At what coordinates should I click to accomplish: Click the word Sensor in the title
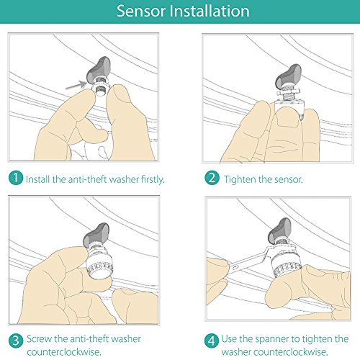[141, 11]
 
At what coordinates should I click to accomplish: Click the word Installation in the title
[210, 11]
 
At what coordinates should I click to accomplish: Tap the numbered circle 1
[16, 178]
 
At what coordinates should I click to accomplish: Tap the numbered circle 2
[212, 178]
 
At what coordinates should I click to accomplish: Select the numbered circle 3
[16, 341]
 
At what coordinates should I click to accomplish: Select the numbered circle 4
[212, 341]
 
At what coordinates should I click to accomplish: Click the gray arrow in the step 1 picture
[76, 85]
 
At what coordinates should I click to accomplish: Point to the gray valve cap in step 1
[99, 70]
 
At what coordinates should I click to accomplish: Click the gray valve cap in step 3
[96, 235]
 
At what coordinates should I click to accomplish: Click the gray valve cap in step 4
[280, 230]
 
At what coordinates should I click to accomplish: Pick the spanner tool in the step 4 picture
[251, 260]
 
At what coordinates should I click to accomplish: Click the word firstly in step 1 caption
[153, 179]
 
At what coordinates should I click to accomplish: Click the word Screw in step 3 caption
[40, 339]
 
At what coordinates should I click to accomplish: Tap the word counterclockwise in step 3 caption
[64, 352]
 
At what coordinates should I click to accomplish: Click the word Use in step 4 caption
[229, 339]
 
